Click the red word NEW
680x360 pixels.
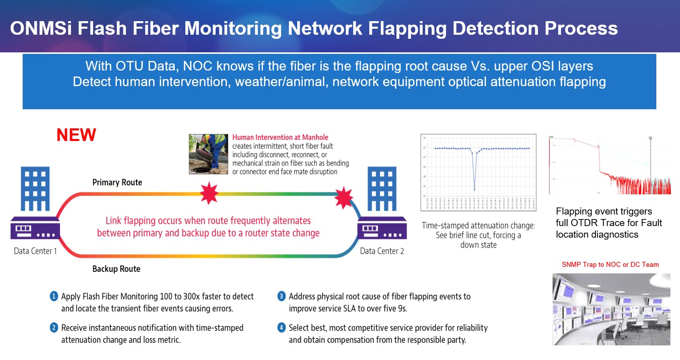(x=76, y=135)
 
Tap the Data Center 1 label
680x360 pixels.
(x=35, y=250)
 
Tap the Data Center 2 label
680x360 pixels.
(x=382, y=251)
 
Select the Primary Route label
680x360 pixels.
(x=117, y=182)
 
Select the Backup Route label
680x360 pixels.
(x=116, y=269)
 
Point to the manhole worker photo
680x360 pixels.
(x=208, y=154)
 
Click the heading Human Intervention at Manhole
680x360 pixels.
(x=280, y=137)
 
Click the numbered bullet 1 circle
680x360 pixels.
(x=54, y=296)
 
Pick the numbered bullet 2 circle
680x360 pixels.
(x=54, y=328)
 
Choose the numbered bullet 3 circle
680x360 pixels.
(x=282, y=296)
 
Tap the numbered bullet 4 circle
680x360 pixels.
(x=282, y=328)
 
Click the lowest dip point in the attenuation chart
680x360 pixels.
(x=474, y=189)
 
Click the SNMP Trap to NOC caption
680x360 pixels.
(x=610, y=264)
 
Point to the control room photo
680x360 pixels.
(x=611, y=309)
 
